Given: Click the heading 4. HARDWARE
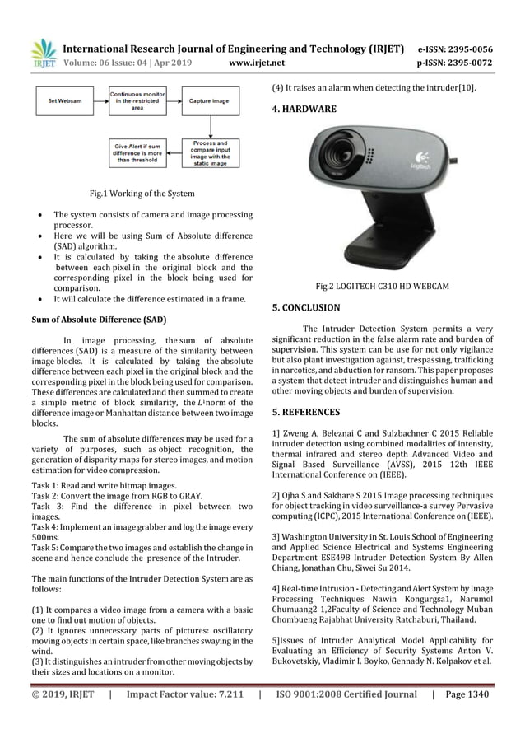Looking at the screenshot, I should tap(304, 109).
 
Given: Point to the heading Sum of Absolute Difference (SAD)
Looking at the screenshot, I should tap(98, 318).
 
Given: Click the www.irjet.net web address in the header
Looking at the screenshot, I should tap(262, 61).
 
